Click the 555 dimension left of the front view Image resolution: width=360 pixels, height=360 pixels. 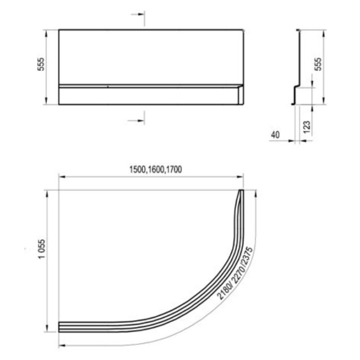click(41, 64)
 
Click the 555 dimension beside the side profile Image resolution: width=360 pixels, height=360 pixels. click(318, 64)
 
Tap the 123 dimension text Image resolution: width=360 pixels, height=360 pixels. click(306, 126)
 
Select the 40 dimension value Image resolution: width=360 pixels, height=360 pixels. click(275, 135)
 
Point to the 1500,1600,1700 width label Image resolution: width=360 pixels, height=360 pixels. click(155, 169)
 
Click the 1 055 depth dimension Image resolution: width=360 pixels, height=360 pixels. click(42, 249)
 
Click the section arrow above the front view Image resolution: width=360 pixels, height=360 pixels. click(138, 14)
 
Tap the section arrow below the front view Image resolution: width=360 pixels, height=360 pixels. click(136, 120)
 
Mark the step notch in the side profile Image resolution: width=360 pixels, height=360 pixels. click(296, 87)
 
